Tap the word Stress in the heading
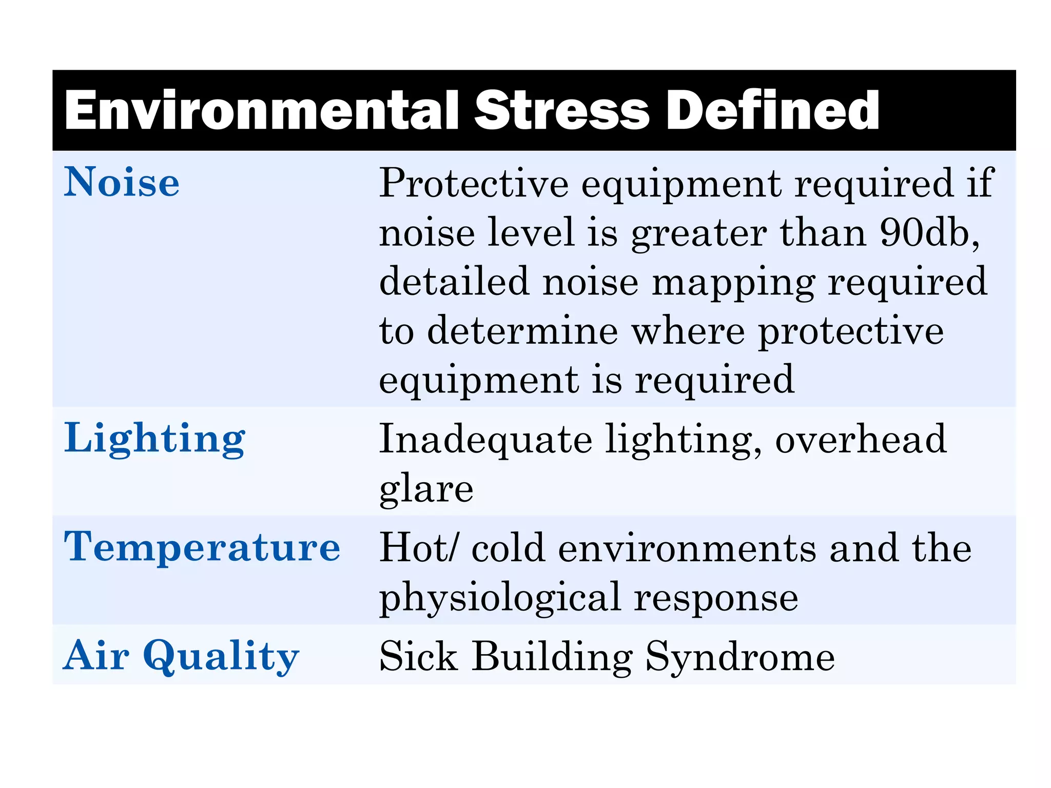click(562, 110)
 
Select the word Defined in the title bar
click(772, 110)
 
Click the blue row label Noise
click(122, 182)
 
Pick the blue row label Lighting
click(154, 439)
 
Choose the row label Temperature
click(202, 547)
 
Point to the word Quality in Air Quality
click(221, 656)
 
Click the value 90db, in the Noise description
click(929, 232)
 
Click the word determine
click(522, 331)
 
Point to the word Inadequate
click(485, 439)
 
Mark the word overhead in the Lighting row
click(861, 439)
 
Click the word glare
click(426, 488)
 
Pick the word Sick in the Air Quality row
click(418, 656)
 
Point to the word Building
click(552, 657)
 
